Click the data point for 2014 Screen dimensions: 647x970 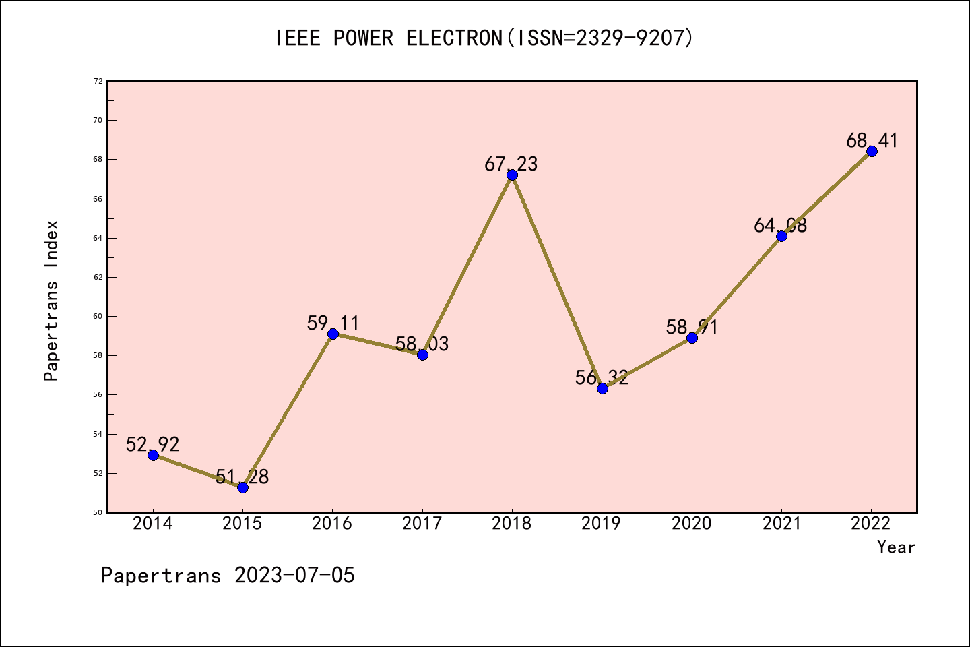(x=153, y=455)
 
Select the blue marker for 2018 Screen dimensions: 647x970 (x=512, y=175)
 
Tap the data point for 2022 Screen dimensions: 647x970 (x=872, y=151)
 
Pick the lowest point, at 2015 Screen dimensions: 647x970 (x=243, y=487)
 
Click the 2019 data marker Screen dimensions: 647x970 (x=602, y=388)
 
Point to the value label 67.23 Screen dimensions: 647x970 (x=511, y=164)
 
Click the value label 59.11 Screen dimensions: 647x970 (x=333, y=323)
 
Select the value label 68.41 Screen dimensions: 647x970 (x=872, y=141)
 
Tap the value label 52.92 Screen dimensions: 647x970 (x=153, y=445)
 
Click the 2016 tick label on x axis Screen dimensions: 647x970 (x=332, y=524)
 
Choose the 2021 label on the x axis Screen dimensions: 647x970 (x=781, y=524)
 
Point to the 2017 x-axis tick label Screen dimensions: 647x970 (x=422, y=524)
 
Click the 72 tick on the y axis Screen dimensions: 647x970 (x=98, y=81)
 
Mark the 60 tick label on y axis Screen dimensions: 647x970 (x=98, y=316)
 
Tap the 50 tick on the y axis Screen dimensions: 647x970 (x=98, y=512)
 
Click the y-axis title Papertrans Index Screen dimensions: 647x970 (x=52, y=301)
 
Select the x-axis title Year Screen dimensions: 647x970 (x=896, y=547)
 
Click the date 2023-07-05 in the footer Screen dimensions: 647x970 (x=294, y=576)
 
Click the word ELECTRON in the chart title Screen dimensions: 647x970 (x=455, y=38)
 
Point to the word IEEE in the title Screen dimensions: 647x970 (x=298, y=38)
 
